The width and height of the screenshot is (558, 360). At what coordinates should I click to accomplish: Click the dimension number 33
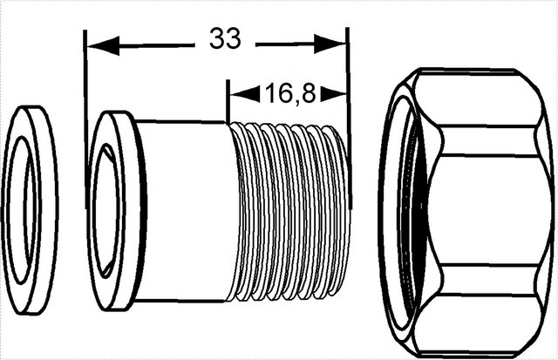click(x=225, y=38)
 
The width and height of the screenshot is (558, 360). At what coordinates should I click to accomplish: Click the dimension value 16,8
click(x=290, y=93)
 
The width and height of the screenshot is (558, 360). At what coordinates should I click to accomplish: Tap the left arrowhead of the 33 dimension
click(x=103, y=45)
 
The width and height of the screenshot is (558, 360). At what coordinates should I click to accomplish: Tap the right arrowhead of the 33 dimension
click(x=330, y=44)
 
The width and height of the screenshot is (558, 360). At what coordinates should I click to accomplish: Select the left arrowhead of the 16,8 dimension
click(x=245, y=94)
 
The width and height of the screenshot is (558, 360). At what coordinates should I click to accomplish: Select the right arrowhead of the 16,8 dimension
click(x=334, y=94)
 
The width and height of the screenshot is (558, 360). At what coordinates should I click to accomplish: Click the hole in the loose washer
click(x=24, y=210)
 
